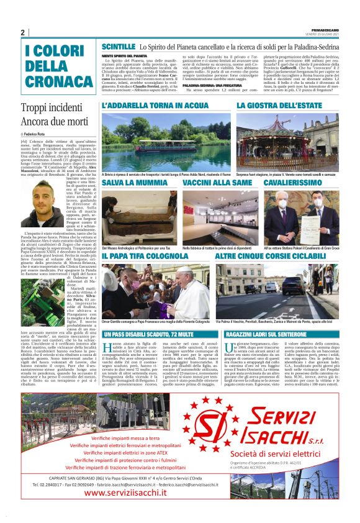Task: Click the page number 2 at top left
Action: coord(22,32)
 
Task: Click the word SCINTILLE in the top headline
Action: coord(118,47)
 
